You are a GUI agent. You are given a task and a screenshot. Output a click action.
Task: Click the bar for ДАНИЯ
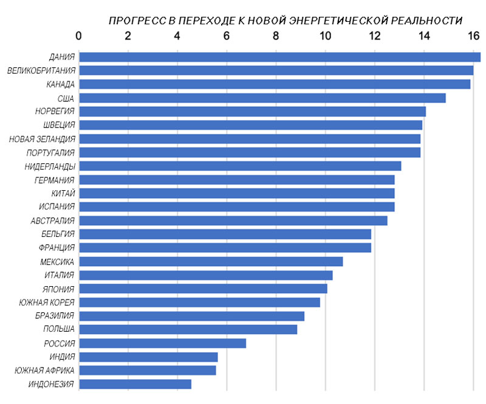coord(279,57)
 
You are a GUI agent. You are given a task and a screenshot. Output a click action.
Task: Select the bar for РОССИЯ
coord(162,343)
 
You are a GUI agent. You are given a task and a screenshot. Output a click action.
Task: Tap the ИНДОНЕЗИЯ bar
coord(135,384)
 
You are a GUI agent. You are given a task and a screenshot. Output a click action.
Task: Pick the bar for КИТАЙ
coord(236,193)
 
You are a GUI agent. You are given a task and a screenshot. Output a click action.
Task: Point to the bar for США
coord(262,98)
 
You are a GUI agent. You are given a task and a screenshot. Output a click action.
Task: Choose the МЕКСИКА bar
coord(211,261)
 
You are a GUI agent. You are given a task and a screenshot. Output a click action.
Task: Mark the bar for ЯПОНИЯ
coord(203,289)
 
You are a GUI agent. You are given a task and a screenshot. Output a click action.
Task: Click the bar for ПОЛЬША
coord(188,329)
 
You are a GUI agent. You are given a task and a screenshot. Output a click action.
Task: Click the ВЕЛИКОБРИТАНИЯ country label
coord(41,71)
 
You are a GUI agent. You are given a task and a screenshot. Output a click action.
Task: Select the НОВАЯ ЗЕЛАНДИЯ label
coord(42,139)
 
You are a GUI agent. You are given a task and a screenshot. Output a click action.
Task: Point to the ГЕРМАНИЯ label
coord(55,180)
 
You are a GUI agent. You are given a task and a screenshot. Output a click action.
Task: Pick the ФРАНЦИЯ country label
coord(55,248)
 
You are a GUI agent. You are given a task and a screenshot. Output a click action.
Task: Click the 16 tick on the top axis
coord(473,36)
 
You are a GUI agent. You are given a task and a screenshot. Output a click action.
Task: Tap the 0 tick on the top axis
coord(79,36)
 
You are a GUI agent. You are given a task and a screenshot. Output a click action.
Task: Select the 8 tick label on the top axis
coord(276,36)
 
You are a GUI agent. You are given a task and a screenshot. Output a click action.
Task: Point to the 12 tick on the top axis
coord(375,36)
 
